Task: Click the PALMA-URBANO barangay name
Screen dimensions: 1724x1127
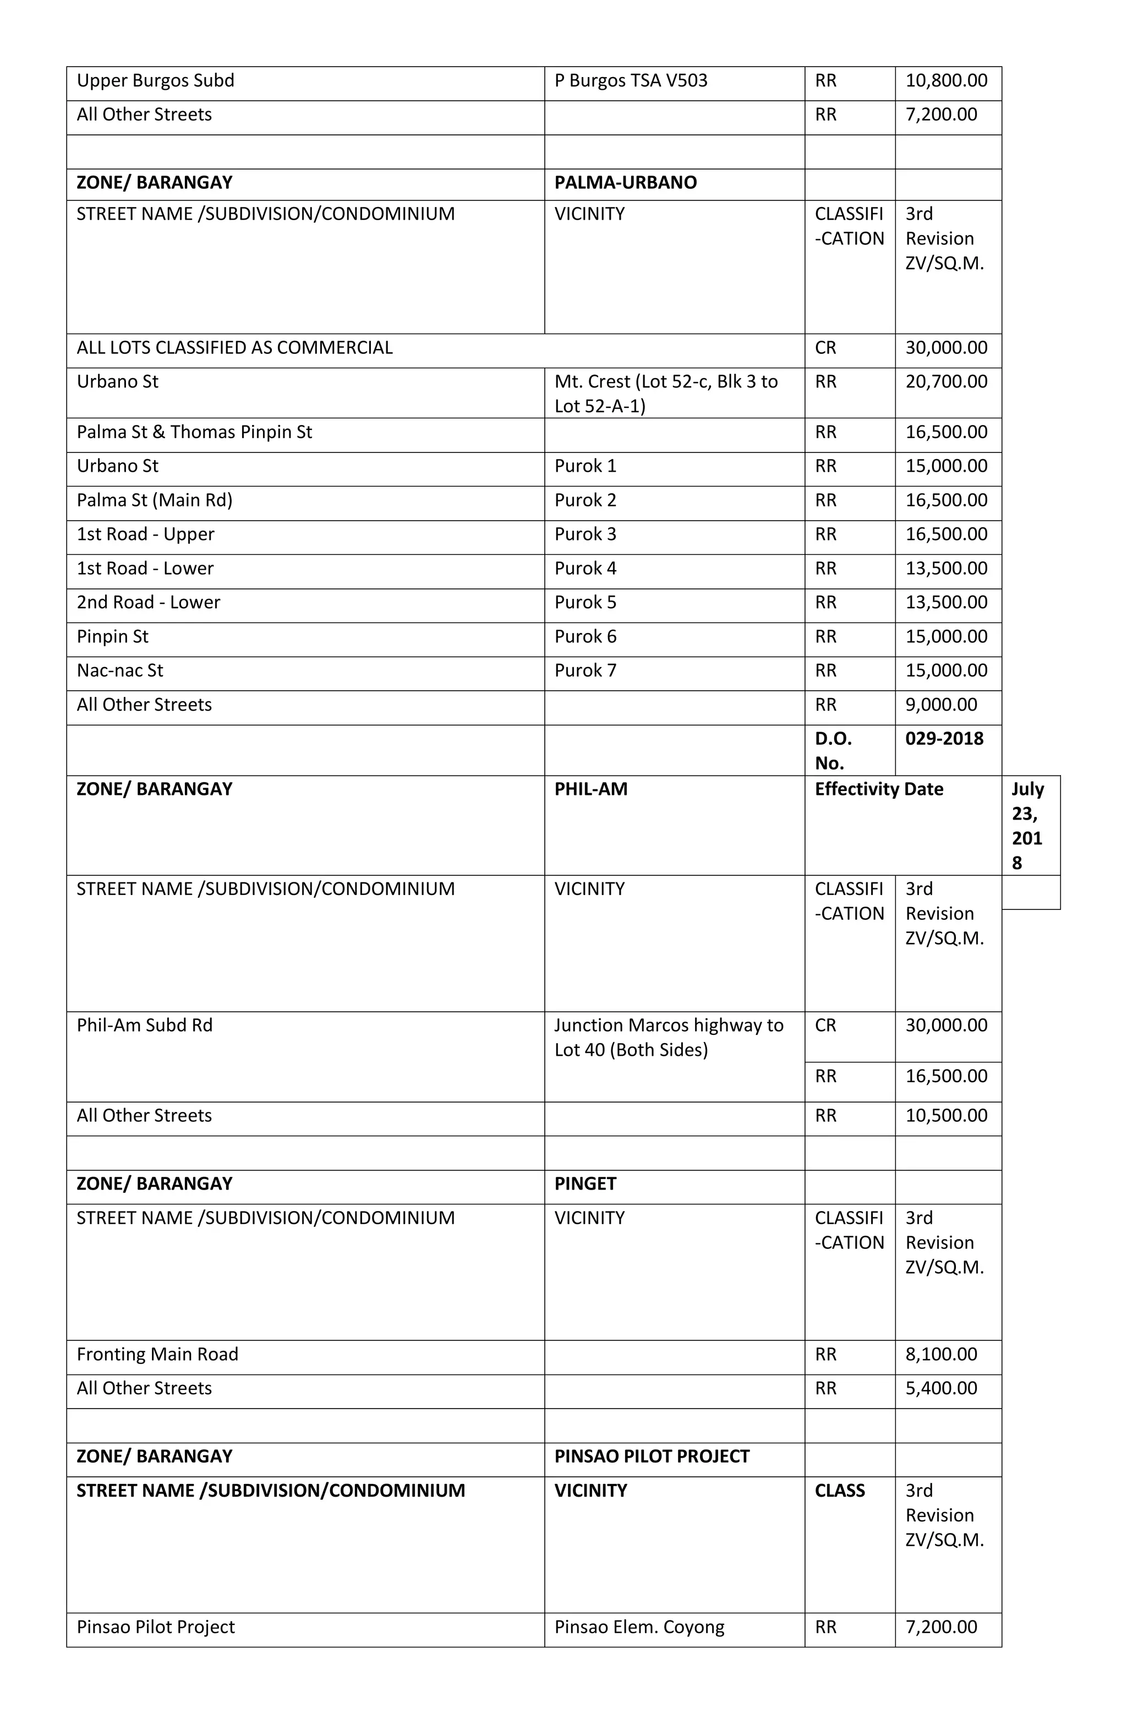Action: pyautogui.click(x=625, y=183)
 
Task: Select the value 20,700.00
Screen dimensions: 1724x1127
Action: pyautogui.click(x=946, y=382)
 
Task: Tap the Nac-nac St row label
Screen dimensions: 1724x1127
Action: pyautogui.click(x=120, y=671)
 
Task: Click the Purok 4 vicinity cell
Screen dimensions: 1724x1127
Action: pyautogui.click(x=585, y=569)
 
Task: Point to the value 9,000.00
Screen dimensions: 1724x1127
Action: pyautogui.click(x=941, y=705)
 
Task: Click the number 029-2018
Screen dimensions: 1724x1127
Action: pyautogui.click(x=944, y=739)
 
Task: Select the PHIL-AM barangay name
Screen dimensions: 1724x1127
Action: pyautogui.click(x=591, y=789)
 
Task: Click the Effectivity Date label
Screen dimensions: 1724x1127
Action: pyautogui.click(x=879, y=789)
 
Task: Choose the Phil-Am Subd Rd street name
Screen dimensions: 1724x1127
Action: pyautogui.click(x=145, y=1025)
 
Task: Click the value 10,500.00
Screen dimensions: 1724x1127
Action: pyautogui.click(x=946, y=1116)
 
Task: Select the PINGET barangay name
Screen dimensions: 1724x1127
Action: pyautogui.click(x=585, y=1183)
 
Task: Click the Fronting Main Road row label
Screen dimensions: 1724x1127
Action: pyautogui.click(x=157, y=1355)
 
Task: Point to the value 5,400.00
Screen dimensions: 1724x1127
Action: pyautogui.click(x=941, y=1389)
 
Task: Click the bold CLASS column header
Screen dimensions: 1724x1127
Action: pyautogui.click(x=839, y=1491)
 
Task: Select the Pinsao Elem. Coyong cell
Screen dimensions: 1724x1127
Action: pyautogui.click(x=639, y=1628)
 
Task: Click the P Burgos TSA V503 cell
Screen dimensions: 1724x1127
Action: pyautogui.click(x=631, y=80)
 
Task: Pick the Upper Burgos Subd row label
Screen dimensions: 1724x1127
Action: pyautogui.click(x=156, y=80)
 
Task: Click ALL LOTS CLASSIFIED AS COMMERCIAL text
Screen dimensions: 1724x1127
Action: pyautogui.click(x=234, y=348)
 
